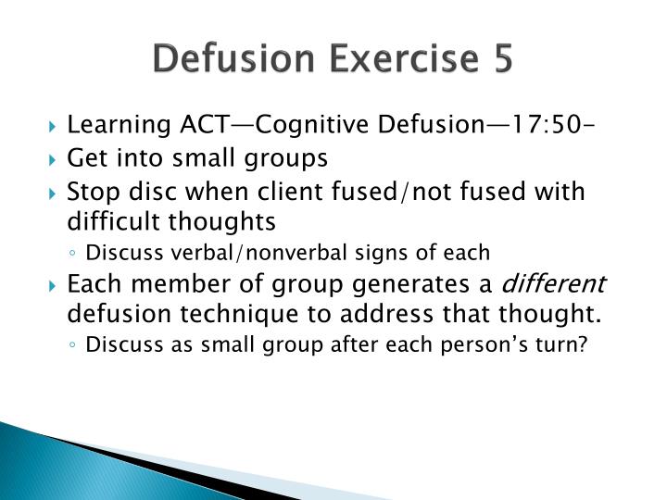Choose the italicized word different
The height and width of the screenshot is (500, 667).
(x=565, y=283)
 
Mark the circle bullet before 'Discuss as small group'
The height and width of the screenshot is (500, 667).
(x=74, y=345)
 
